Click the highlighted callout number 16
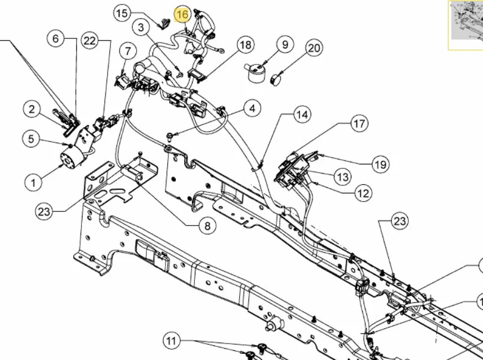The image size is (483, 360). coord(182,15)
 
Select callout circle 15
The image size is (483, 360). coord(122,13)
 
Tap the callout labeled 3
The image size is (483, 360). coord(141,28)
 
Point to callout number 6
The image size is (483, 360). coord(55,39)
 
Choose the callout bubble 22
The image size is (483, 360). coord(90,41)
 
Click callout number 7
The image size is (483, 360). coord(128,51)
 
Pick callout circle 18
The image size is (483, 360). coord(246,45)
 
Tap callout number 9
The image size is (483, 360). coord(285,45)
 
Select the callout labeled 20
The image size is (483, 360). coord(314,49)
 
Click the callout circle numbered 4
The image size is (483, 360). coord(253,109)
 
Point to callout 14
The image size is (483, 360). coord(302,115)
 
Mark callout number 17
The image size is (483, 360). coord(359,124)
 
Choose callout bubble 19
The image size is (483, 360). coord(380,164)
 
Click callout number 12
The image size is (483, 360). coord(363,193)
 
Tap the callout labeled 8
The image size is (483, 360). coord(207,226)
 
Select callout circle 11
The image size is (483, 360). coord(171,341)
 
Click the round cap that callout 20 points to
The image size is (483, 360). coord(276,80)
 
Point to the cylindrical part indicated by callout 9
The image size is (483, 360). coord(255,73)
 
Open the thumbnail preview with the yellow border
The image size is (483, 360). coord(465,25)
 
